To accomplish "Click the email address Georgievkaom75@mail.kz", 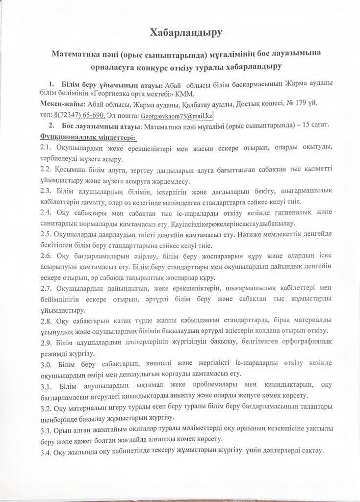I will coord(176,116).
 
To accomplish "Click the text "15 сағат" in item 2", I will coord(314,125).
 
